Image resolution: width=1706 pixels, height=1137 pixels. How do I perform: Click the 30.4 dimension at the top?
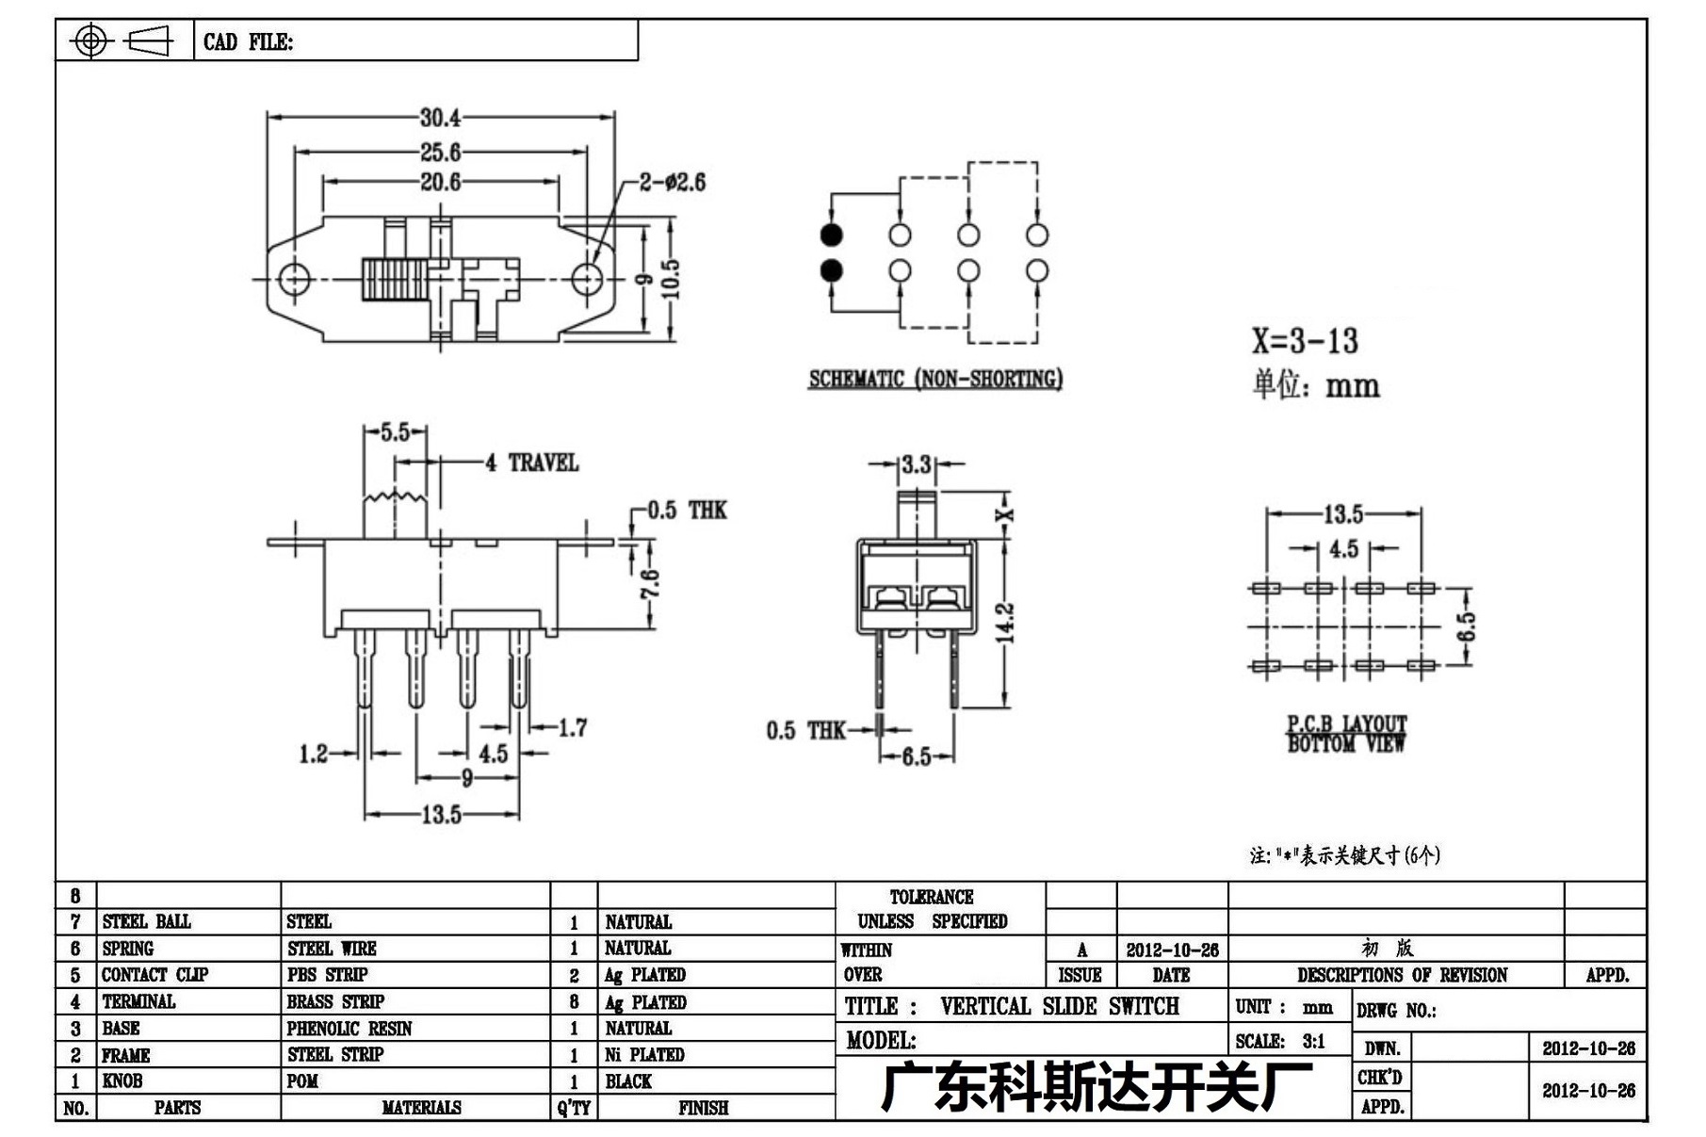coord(440,118)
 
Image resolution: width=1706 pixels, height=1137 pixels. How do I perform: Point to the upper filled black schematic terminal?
coord(831,235)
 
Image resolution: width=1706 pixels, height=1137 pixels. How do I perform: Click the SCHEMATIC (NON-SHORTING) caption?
coord(935,379)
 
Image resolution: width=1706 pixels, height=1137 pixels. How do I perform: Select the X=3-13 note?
coord(1305,340)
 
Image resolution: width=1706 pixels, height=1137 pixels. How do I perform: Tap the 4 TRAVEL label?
coord(531,463)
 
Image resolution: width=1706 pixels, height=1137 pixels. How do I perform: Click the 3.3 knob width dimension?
coord(916,463)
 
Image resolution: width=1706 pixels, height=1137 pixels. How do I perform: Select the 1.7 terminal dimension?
coord(573,727)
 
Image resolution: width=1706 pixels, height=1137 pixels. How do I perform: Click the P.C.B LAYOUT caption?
coord(1347,723)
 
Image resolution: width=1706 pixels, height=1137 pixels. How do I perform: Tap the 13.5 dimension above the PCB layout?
coord(1343,514)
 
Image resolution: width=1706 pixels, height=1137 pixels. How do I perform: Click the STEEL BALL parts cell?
coord(146,921)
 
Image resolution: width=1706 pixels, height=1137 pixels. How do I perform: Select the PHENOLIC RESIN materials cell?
coord(349,1028)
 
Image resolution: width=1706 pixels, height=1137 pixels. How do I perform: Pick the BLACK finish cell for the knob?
coord(628,1081)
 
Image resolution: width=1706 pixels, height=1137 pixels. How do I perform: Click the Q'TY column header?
coord(574,1108)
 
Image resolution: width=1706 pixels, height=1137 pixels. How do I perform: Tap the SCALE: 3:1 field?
coord(1280,1041)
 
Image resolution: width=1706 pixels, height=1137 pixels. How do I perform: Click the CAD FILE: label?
coord(248,42)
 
